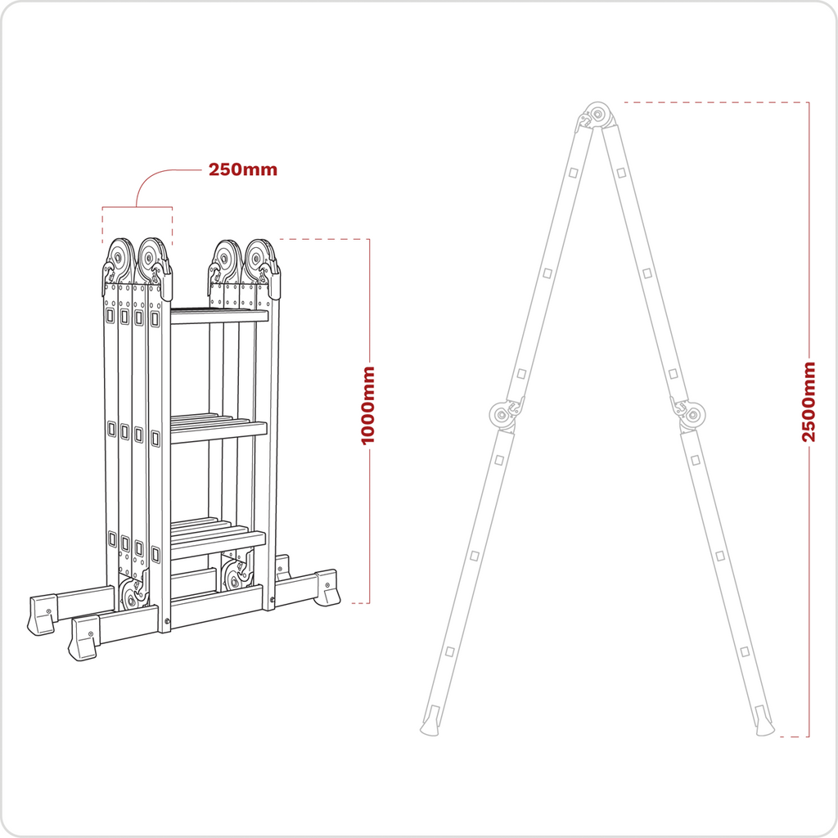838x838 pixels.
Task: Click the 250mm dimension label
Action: click(242, 170)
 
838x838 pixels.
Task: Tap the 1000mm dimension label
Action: click(368, 406)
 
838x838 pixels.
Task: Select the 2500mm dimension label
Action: click(809, 401)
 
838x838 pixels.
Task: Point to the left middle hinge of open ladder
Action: click(501, 415)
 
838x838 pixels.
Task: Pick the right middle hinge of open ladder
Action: click(692, 415)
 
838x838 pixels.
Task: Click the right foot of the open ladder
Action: click(764, 724)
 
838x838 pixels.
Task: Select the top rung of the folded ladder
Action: click(219, 316)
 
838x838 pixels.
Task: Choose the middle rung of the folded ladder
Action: click(219, 431)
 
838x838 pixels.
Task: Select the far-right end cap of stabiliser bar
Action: click(327, 588)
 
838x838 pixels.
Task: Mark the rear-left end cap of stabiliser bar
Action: click(41, 614)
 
